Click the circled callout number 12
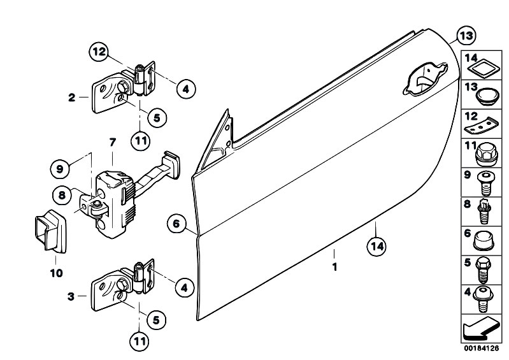tap(99, 52)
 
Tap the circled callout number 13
tap(466, 36)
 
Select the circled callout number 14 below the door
tap(376, 247)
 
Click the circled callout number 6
tap(176, 224)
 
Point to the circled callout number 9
tap(60, 169)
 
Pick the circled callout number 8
tap(62, 195)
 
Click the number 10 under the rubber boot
tap(56, 273)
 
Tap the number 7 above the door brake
tap(112, 142)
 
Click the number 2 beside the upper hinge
tap(71, 97)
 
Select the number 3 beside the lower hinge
tap(71, 296)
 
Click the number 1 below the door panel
tap(334, 267)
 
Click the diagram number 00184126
tap(481, 349)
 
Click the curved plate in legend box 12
tap(482, 126)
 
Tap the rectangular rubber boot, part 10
tap(50, 231)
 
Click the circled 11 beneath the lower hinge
tap(140, 341)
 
